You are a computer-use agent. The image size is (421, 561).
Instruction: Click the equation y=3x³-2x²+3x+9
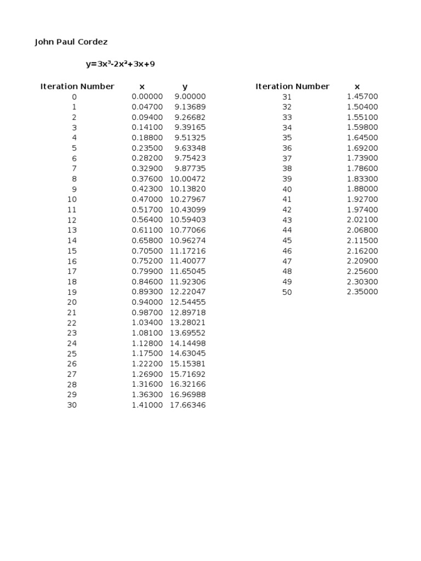pyautogui.click(x=121, y=64)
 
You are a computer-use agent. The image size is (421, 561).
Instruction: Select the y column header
pyautogui.click(x=185, y=87)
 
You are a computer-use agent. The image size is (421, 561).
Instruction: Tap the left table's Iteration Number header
pyautogui.click(x=77, y=87)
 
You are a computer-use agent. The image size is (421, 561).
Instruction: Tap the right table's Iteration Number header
pyautogui.click(x=292, y=87)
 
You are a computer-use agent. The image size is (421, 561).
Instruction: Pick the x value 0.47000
pyautogui.click(x=147, y=199)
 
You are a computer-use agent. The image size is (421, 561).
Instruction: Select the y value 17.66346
pyautogui.click(x=187, y=405)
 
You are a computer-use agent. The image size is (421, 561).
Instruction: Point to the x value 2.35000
pyautogui.click(x=362, y=292)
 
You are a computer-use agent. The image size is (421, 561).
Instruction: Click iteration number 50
pyautogui.click(x=287, y=293)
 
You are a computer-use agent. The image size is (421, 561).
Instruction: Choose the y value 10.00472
pyautogui.click(x=187, y=179)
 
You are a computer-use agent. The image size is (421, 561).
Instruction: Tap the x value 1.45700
pyautogui.click(x=362, y=96)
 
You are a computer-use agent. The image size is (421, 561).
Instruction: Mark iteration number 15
pyautogui.click(x=72, y=251)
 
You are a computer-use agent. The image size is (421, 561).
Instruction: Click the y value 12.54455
pyautogui.click(x=187, y=302)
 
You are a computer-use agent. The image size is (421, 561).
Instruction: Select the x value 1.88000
pyautogui.click(x=362, y=189)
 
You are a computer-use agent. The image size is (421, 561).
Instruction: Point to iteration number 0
pyautogui.click(x=74, y=97)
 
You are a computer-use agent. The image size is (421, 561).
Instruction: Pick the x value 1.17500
pyautogui.click(x=147, y=354)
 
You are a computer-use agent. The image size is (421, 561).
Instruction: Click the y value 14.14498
pyautogui.click(x=187, y=344)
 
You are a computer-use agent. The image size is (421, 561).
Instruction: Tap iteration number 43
pyautogui.click(x=287, y=220)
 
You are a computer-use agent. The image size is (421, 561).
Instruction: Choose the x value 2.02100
pyautogui.click(x=362, y=220)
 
